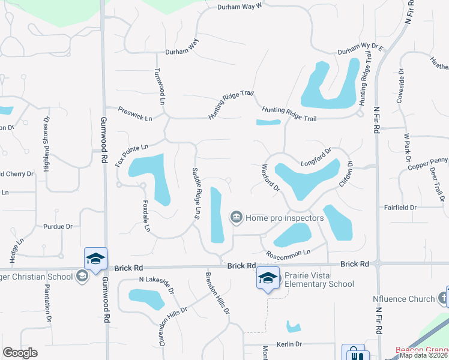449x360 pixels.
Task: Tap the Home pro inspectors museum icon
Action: point(237,217)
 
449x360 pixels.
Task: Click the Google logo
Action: point(20,353)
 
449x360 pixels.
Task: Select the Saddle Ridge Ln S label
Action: point(196,193)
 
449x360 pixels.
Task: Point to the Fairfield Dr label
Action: point(400,208)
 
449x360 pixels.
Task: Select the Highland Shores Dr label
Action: point(46,145)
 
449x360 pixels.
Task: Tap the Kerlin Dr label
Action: point(289,344)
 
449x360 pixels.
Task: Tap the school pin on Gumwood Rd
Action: point(95,259)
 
